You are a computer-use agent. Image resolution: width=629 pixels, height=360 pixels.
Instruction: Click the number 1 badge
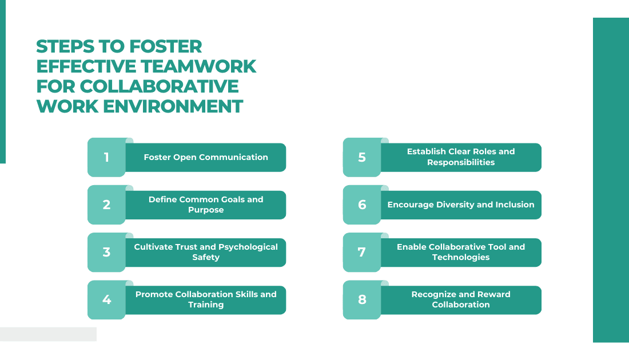106,157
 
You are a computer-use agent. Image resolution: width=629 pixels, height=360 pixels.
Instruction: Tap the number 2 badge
106,205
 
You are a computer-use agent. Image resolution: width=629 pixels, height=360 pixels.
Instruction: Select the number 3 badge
106,252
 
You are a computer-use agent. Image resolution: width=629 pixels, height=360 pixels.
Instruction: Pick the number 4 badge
106,299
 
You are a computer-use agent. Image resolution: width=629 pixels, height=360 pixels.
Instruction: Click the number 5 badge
362,157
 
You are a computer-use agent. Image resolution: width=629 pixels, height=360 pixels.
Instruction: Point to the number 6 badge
362,205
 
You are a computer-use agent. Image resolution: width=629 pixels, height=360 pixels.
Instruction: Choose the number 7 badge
362,252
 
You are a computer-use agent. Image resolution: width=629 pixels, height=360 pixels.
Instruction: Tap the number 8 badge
362,299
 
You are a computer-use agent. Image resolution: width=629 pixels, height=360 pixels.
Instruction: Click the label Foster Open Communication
206,157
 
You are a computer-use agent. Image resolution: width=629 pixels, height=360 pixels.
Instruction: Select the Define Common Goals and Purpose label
206,205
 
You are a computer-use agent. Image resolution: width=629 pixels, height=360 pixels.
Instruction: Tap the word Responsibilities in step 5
461,162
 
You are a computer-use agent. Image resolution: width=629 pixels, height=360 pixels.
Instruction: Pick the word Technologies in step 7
461,257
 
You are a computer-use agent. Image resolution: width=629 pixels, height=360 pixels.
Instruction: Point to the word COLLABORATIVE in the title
160,86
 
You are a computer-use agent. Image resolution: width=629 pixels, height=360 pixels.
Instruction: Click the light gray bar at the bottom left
48,334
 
